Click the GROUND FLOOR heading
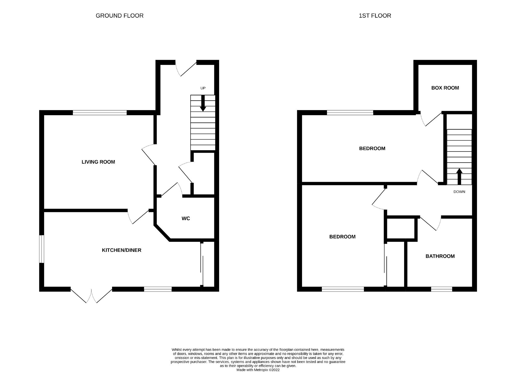click(x=120, y=16)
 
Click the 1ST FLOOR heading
click(x=375, y=16)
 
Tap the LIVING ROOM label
click(x=98, y=162)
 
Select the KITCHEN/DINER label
click(x=122, y=250)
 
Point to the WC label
click(x=186, y=219)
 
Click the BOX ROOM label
click(x=445, y=88)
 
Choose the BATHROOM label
click(x=440, y=256)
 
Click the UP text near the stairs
click(x=203, y=88)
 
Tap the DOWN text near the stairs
click(x=459, y=192)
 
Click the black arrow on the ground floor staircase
click(x=203, y=103)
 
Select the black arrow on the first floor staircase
click(x=459, y=176)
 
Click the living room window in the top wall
click(x=100, y=113)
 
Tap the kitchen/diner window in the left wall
click(x=42, y=249)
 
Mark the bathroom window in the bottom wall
click(x=442, y=289)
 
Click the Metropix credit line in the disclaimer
click(x=258, y=370)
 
